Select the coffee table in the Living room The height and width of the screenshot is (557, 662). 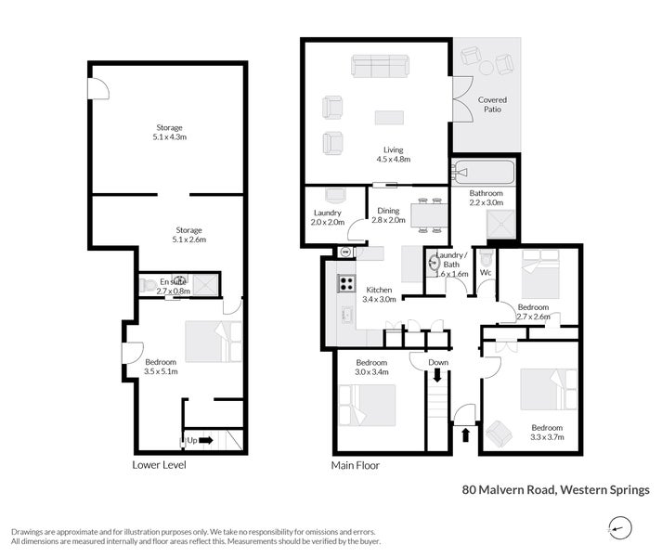389,117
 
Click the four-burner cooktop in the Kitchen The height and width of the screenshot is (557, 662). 345,284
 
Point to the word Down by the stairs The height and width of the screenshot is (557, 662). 438,363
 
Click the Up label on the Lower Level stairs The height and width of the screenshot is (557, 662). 189,439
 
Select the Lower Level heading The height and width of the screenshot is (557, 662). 159,464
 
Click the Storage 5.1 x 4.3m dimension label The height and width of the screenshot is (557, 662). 168,133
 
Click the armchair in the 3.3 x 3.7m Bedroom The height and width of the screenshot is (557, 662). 499,431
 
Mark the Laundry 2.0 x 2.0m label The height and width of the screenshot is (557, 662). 329,217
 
